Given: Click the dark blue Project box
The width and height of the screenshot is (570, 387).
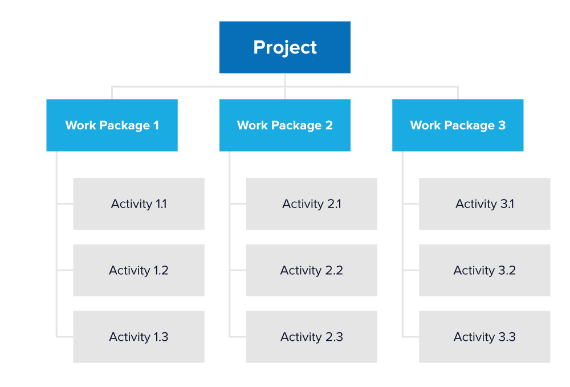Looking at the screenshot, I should pos(284,47).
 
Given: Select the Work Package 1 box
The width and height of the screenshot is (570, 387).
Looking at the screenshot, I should pos(112,125).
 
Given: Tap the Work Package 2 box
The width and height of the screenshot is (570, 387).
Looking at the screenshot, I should pos(284,125).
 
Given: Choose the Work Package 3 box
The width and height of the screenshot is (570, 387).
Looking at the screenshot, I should pos(458,125).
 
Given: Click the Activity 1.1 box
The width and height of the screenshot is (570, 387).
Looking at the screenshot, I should pos(139,204).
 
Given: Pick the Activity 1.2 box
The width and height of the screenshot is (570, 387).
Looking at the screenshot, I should pos(139,270).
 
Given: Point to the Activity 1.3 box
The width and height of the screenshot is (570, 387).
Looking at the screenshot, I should pos(139,337).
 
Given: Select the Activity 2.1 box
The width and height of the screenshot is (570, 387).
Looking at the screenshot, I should pos(311,204).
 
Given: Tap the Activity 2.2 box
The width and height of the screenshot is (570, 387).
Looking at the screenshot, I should pos(311,270).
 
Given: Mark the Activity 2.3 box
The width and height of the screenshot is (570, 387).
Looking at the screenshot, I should pos(311,337).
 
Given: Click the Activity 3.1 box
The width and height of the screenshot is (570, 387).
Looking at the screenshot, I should pos(484,204).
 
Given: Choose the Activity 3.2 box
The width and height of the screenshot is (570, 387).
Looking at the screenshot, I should pos(484,270).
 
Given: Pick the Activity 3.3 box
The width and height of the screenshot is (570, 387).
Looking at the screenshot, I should pos(484,337).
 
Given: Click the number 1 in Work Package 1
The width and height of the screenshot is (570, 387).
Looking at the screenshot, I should pos(156,125).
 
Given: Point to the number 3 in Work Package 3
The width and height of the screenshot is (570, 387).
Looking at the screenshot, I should pos(502,125).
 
